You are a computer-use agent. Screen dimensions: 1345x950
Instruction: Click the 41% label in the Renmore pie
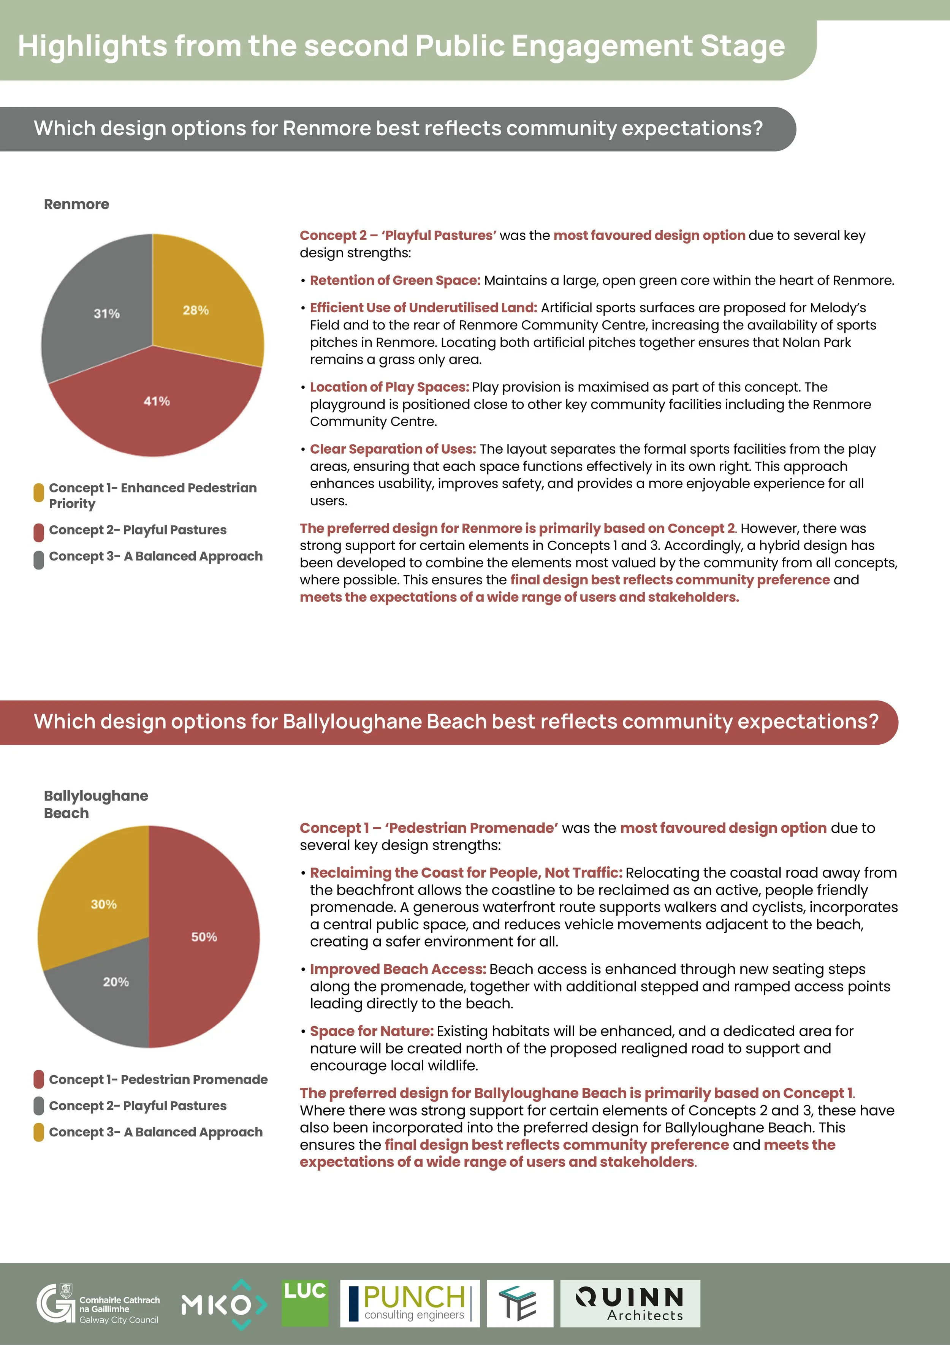(157, 401)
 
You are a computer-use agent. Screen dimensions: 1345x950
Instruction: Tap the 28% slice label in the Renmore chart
(196, 310)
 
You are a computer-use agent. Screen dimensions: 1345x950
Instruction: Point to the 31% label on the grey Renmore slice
(107, 313)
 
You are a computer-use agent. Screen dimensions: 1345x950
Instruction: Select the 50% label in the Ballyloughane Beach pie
(204, 937)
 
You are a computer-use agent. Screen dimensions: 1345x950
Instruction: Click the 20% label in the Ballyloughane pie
(116, 982)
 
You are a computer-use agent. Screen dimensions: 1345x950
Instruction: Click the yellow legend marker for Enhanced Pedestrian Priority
(39, 492)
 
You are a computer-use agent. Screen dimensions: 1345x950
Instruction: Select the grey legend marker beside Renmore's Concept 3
(39, 559)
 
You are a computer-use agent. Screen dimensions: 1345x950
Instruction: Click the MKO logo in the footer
(224, 1304)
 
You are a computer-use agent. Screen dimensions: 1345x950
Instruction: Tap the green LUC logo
(305, 1303)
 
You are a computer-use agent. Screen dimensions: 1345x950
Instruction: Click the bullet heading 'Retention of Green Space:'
(395, 281)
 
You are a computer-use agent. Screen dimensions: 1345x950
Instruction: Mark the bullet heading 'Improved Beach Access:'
(398, 970)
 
